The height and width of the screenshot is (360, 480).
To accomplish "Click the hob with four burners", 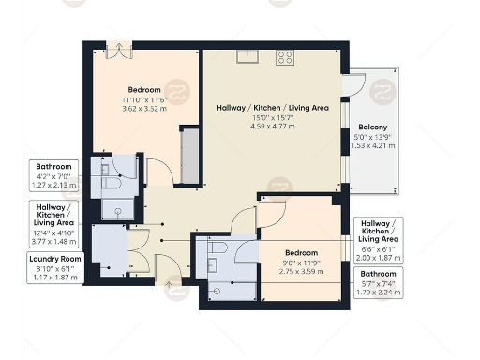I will point(284,57).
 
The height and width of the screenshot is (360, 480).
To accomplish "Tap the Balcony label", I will point(372,127).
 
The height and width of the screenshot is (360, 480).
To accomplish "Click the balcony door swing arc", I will point(353,85).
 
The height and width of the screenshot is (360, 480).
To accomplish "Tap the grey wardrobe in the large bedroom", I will point(190,154).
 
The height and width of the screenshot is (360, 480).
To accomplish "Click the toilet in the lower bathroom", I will point(217,247).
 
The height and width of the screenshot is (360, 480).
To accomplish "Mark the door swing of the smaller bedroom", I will point(269,212).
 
